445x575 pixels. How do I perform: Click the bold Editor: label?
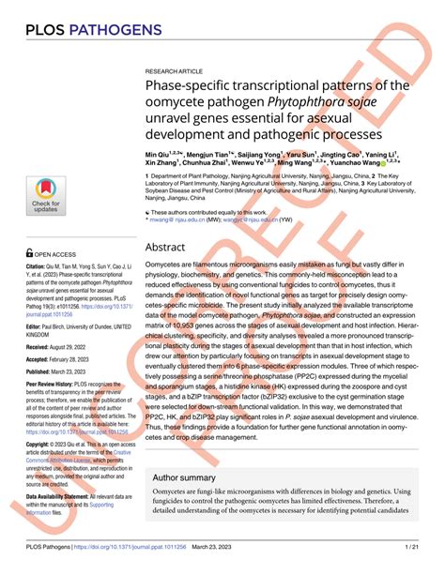point(37,329)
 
